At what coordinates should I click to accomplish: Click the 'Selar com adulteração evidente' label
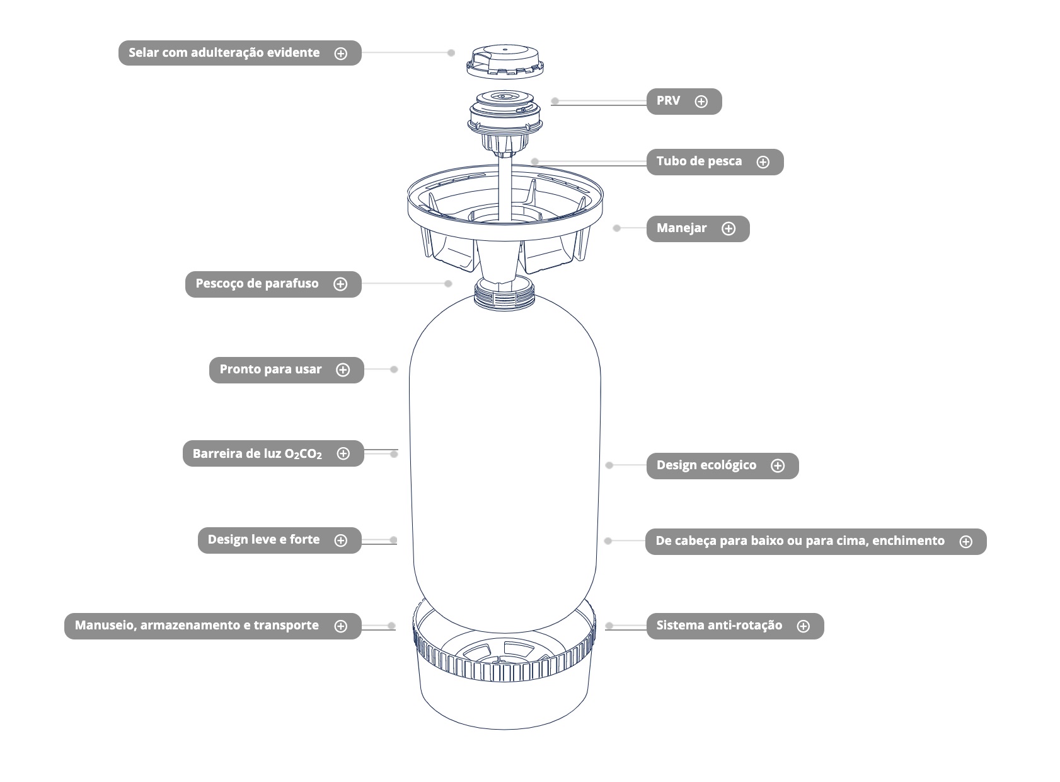point(224,53)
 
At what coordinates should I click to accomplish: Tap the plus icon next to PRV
point(701,102)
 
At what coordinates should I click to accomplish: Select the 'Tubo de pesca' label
point(699,161)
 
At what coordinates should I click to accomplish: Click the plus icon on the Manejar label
point(728,229)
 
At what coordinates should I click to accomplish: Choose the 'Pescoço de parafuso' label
point(256,284)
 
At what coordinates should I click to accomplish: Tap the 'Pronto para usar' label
point(270,370)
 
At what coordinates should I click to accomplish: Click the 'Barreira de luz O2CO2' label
point(256,454)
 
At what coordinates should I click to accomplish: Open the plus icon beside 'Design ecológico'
point(778,466)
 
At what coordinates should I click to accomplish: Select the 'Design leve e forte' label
point(263,540)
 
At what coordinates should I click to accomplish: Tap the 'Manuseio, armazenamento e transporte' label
point(197,626)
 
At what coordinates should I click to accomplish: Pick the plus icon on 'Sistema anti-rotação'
point(803,626)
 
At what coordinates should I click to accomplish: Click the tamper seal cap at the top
point(505,62)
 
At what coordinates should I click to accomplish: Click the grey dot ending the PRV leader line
point(555,101)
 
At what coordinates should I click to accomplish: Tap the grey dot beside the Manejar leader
point(617,228)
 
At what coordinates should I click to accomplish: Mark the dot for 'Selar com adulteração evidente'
point(451,53)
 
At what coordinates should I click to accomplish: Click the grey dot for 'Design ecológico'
point(609,465)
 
